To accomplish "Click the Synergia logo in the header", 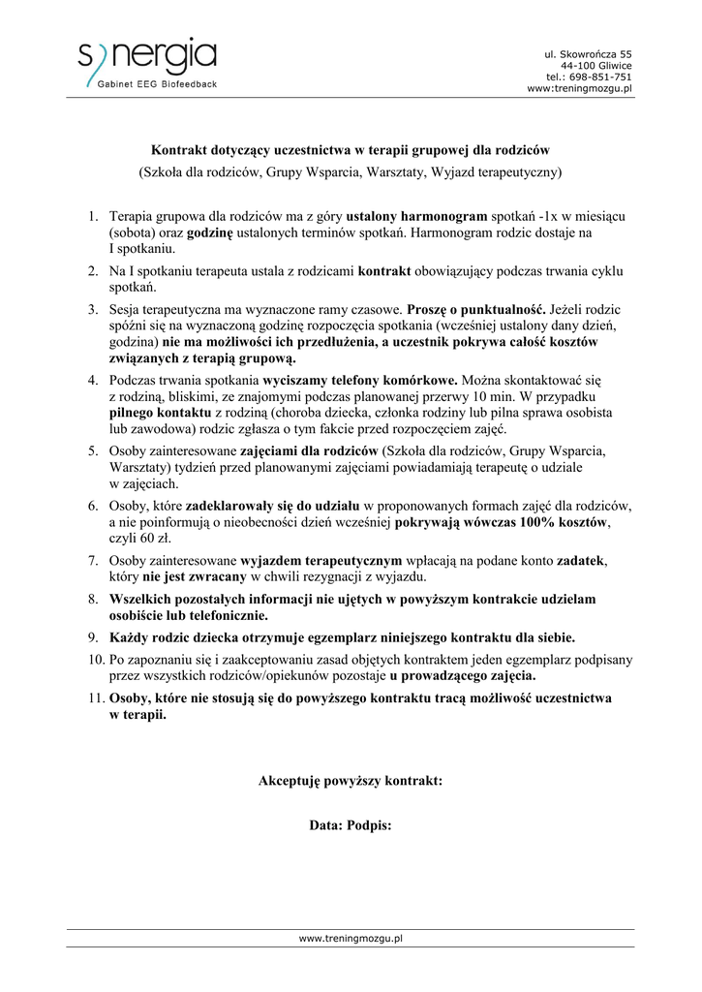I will (x=147, y=58).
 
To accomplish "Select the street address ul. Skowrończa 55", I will (x=588, y=53).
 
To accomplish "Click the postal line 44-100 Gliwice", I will (x=596, y=65).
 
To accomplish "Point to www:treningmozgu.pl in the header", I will (x=579, y=88).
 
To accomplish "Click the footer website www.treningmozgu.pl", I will (x=351, y=938).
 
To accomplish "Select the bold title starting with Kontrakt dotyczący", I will (x=351, y=150).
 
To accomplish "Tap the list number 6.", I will (x=93, y=506).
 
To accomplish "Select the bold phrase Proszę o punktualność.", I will (x=476, y=309).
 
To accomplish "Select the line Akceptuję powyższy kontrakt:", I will (x=351, y=780).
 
